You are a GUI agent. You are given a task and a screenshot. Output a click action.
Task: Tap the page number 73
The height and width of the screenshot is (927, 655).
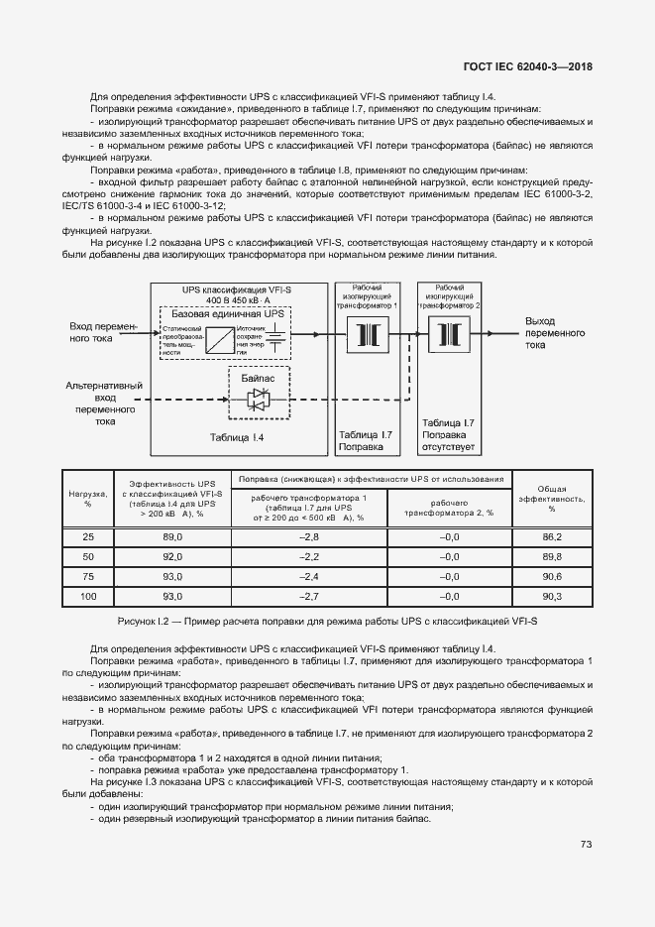pyautogui.click(x=586, y=844)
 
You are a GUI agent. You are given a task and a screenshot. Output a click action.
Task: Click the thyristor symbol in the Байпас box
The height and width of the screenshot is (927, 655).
pyautogui.click(x=258, y=400)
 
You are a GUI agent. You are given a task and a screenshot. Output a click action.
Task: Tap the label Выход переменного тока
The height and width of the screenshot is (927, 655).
pyautogui.click(x=554, y=333)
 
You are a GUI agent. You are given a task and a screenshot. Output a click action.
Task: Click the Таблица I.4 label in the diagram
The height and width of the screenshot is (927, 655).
pyautogui.click(x=237, y=437)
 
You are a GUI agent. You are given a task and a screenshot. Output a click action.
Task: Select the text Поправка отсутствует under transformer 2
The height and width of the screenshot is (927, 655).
pyautogui.click(x=449, y=441)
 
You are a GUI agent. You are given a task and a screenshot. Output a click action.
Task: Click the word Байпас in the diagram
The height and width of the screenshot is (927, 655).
pyautogui.click(x=257, y=378)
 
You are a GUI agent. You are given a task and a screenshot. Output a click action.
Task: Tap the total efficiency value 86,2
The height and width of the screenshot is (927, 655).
pyautogui.click(x=552, y=536)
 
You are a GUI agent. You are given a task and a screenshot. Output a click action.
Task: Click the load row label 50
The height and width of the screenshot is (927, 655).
pyautogui.click(x=88, y=556)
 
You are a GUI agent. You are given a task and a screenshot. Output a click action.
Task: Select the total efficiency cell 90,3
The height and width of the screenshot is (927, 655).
pyautogui.click(x=552, y=596)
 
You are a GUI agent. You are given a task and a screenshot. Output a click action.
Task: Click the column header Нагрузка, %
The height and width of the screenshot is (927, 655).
pyautogui.click(x=88, y=498)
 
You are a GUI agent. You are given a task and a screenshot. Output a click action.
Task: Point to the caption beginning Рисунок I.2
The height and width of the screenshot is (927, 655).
pyautogui.click(x=327, y=621)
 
